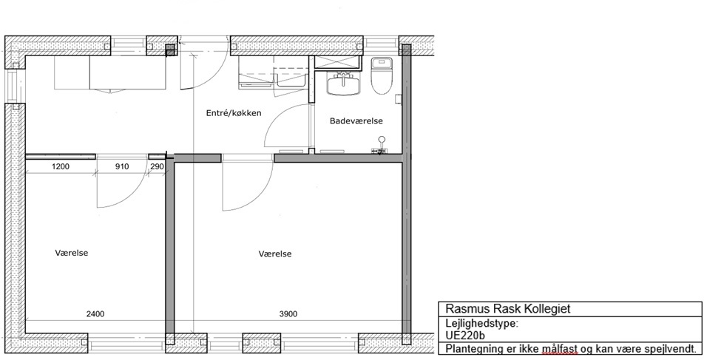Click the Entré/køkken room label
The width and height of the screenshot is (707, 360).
click(234, 113)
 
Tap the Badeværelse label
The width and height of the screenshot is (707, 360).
click(356, 120)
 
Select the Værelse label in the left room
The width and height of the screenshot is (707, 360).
click(71, 253)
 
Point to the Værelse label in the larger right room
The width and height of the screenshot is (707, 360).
click(275, 254)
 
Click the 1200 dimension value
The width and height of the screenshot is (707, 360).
click(61, 167)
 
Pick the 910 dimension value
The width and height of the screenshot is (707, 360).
click(122, 167)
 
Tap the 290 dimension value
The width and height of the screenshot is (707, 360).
click(157, 167)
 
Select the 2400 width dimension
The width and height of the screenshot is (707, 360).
click(95, 314)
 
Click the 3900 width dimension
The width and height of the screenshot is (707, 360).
click(288, 314)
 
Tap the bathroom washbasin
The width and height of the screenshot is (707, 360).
click(344, 84)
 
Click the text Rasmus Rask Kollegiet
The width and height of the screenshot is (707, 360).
click(508, 309)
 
